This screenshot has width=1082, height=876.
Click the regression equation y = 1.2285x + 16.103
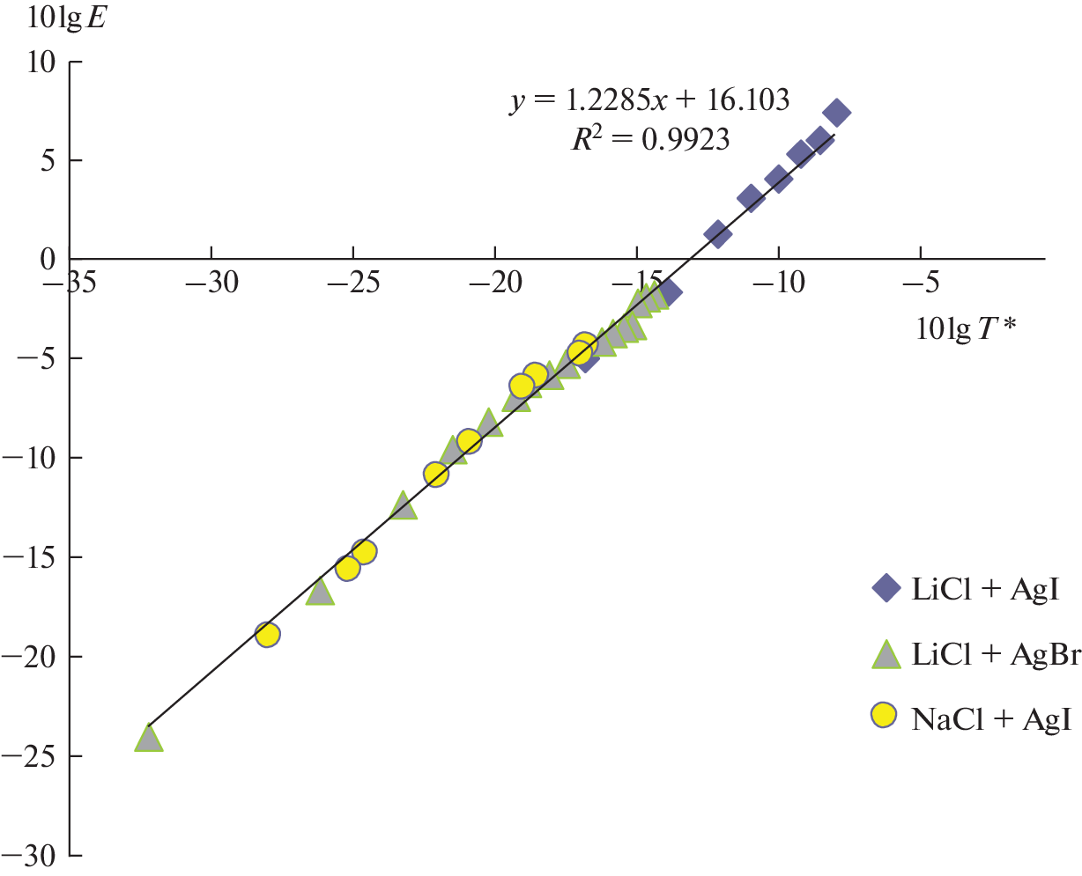tap(649, 100)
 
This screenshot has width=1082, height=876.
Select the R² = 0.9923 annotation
tap(649, 138)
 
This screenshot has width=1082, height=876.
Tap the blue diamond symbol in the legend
tap(885, 588)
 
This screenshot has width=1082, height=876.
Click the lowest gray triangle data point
tap(149, 738)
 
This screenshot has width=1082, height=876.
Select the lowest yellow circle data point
tap(268, 634)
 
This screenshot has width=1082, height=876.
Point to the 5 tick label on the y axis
tap(49, 161)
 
